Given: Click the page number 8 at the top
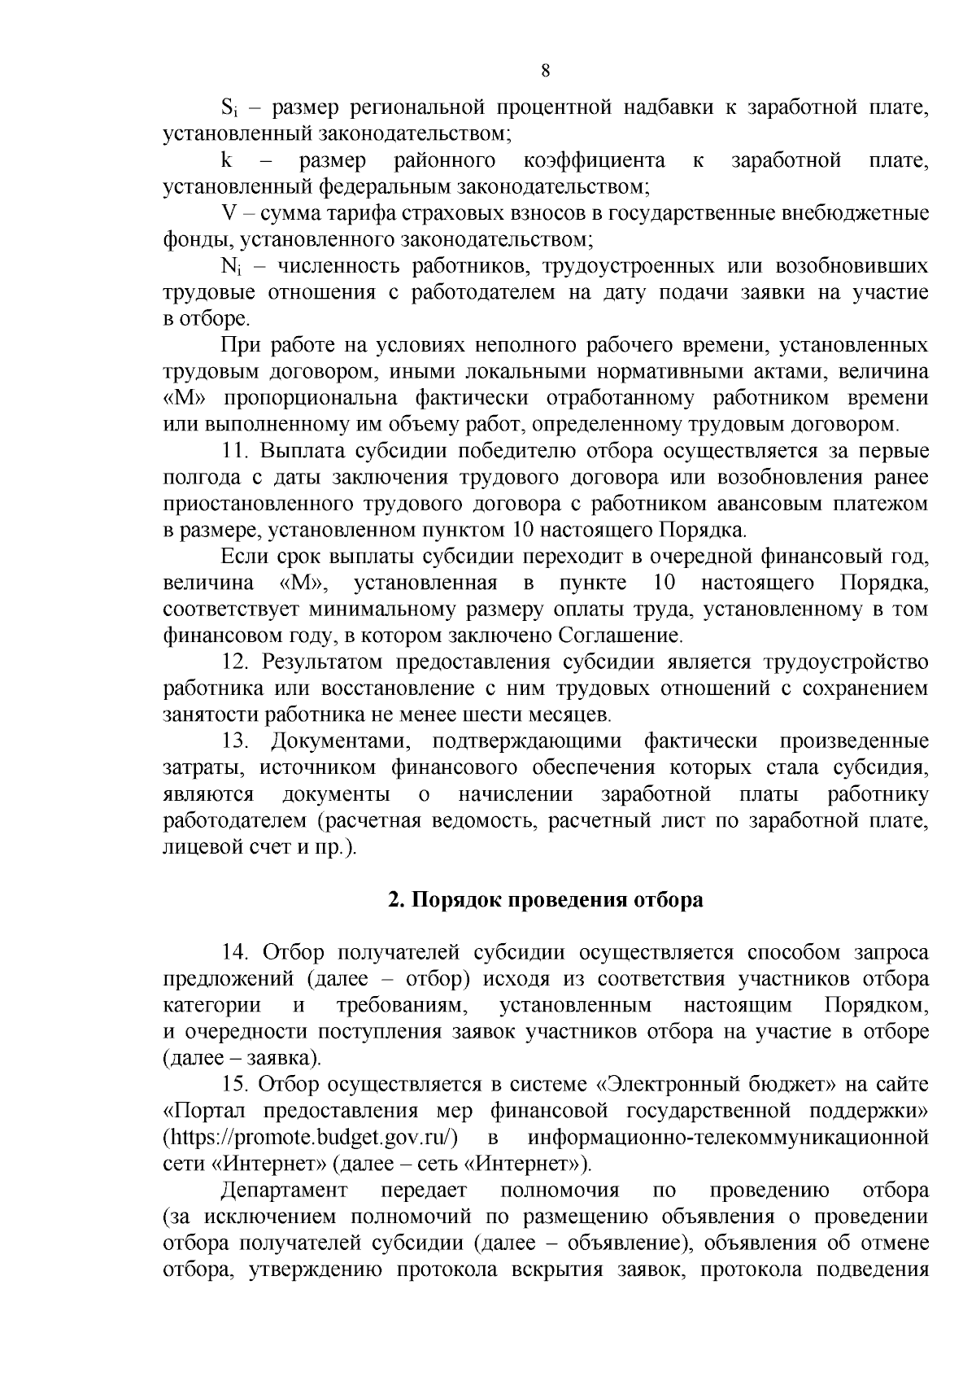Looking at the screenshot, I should pos(546,71).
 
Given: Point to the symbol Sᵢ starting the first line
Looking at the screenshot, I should pos(229,107).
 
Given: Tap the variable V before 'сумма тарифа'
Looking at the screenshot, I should pos(229,213).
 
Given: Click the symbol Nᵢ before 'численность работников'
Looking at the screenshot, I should pos(230,267).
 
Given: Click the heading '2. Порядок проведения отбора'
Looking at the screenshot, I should pos(545,900).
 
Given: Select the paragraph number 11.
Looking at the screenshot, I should pos(234,452).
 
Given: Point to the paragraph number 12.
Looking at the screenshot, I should pos(234,662).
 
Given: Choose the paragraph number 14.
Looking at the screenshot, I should pos(234,952).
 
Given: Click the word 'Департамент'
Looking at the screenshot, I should pos(284,1190).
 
